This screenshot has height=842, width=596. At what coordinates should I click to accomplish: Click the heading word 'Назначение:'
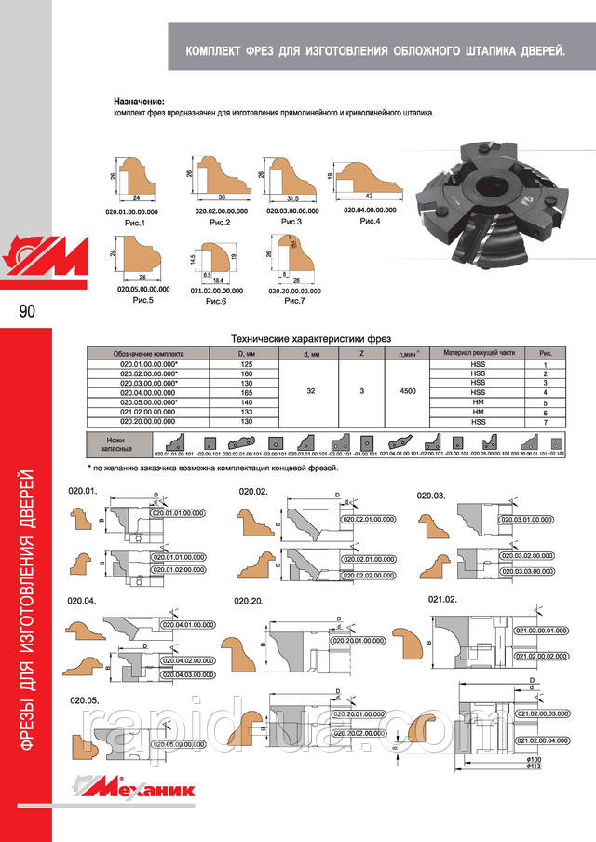[x=139, y=101]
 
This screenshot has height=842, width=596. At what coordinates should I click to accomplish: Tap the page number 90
[x=26, y=311]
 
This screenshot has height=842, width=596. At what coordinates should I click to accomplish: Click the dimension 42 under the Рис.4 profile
[x=372, y=197]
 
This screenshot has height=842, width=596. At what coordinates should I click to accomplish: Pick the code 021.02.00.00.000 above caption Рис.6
[x=216, y=292]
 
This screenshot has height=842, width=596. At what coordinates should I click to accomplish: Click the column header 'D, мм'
[x=245, y=354]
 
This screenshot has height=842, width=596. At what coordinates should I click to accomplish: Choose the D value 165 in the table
[x=245, y=392]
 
